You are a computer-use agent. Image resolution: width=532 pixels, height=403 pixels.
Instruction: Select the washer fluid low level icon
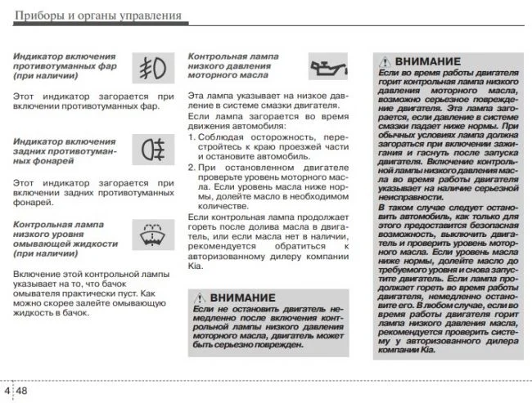click(151, 233)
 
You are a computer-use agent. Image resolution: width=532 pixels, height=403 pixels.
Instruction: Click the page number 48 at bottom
click(22, 391)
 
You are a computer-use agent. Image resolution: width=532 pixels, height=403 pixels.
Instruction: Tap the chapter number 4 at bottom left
click(7, 391)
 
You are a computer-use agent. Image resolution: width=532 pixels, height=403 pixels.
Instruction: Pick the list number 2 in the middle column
click(192, 167)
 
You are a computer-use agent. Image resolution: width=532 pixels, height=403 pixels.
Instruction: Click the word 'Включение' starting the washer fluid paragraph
click(35, 271)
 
